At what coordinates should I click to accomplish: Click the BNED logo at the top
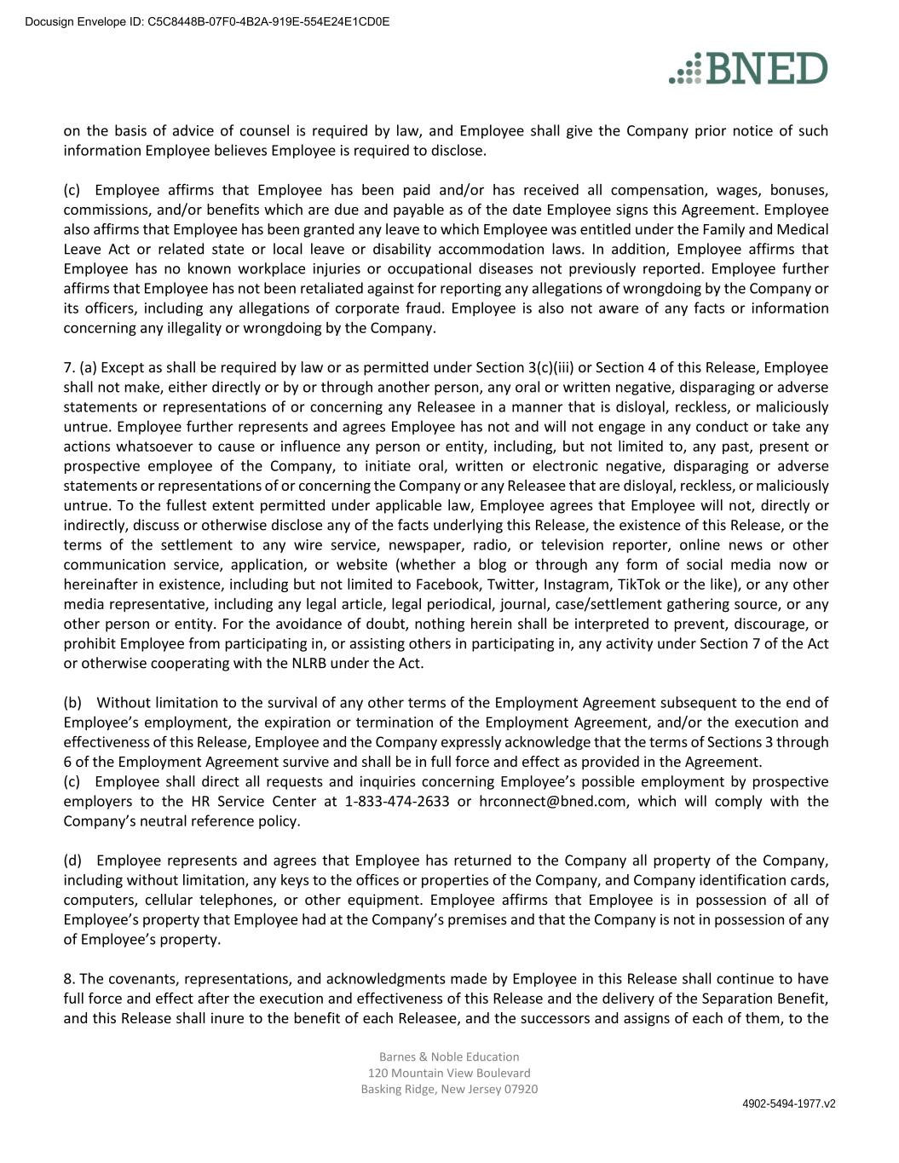coord(748,68)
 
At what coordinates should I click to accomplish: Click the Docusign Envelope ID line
coord(207,21)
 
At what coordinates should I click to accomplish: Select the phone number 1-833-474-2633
coord(396,802)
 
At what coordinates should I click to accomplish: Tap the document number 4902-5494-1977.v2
coord(788,1103)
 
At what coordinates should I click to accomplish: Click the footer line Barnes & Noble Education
coord(449,1056)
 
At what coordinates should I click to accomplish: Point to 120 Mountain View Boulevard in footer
coord(449,1073)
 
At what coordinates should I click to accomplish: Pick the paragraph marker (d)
coord(73,861)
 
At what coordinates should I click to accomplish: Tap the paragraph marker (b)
coord(73,703)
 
